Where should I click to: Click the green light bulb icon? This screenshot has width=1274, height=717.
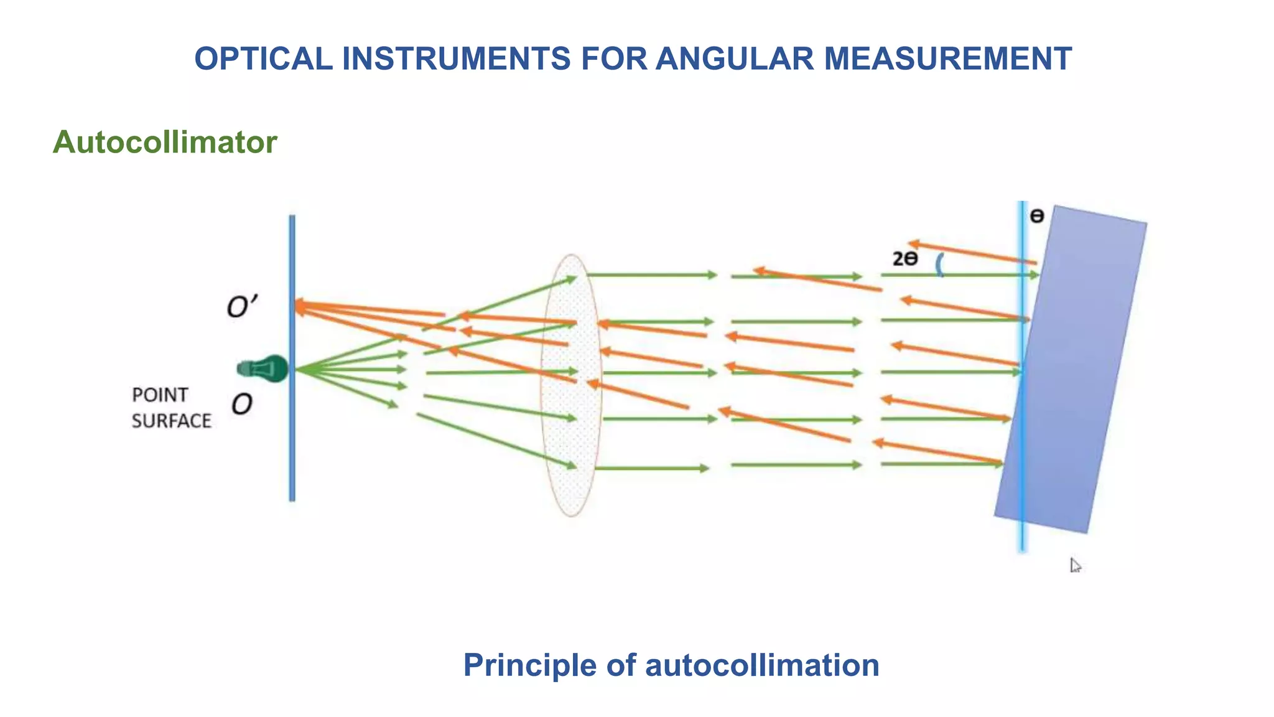click(264, 369)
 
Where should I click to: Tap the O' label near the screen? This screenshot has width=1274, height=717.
click(241, 307)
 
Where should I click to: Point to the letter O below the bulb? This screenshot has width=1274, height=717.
click(241, 405)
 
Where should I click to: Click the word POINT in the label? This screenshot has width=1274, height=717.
click(160, 395)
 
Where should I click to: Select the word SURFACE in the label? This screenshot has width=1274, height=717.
click(171, 421)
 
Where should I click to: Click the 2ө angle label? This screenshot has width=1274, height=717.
click(904, 259)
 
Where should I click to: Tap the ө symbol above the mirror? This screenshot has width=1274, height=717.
click(1036, 217)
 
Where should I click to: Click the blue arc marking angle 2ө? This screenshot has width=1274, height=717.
click(940, 265)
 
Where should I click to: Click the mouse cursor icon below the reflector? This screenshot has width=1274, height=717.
click(1075, 565)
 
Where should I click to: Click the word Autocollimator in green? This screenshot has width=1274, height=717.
click(165, 143)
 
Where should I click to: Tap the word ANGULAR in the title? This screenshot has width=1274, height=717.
click(734, 59)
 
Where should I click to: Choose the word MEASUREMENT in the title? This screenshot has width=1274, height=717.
click(947, 59)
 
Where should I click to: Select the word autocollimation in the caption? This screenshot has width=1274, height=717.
click(762, 665)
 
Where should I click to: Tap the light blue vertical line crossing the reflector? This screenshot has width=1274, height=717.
click(1021, 535)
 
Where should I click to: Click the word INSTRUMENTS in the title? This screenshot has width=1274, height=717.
click(456, 59)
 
